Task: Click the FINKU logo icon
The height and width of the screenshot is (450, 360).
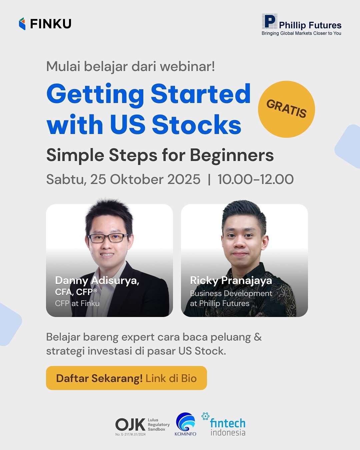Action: (x=22, y=24)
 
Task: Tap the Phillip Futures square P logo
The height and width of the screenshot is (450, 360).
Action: (x=269, y=22)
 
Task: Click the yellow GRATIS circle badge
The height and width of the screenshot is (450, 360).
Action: (x=286, y=109)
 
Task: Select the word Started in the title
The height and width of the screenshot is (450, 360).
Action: (x=200, y=94)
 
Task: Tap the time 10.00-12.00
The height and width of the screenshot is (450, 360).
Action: (x=255, y=179)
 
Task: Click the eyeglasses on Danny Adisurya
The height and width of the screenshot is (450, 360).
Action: (x=107, y=238)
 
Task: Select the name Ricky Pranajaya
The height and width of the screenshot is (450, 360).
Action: (x=231, y=281)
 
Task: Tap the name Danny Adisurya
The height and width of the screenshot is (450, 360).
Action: (x=97, y=281)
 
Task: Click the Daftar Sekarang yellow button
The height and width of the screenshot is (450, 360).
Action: (x=126, y=378)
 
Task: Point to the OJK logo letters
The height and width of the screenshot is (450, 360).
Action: (x=130, y=425)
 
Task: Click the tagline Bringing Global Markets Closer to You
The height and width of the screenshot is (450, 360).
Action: (x=301, y=33)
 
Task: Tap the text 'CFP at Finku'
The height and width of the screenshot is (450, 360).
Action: (x=77, y=303)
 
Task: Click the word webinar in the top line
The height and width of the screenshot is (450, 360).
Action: (x=187, y=66)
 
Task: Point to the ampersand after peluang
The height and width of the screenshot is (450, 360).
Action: (x=258, y=337)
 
